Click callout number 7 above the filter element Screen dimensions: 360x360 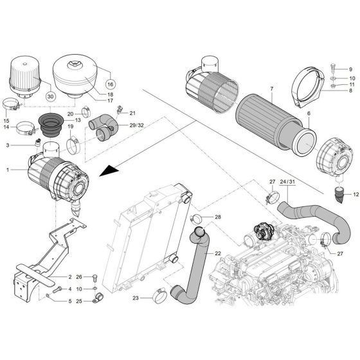click(253, 87)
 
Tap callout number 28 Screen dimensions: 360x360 click(217, 218)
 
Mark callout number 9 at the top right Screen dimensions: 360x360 click(350, 69)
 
